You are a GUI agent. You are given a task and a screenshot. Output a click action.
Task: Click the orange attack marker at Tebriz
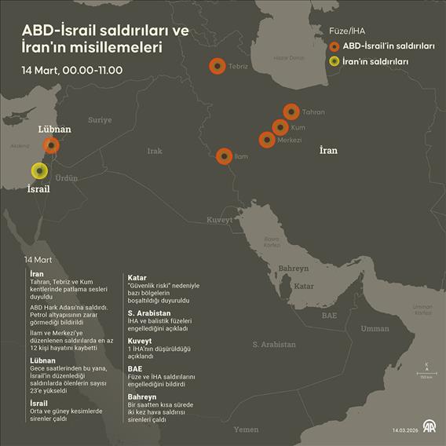(x=217, y=67)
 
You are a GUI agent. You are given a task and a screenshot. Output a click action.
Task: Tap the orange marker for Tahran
(x=291, y=111)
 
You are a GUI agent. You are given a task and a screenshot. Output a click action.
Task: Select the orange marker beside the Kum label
(x=280, y=126)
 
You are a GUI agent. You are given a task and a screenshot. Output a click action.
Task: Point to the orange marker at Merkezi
(x=267, y=140)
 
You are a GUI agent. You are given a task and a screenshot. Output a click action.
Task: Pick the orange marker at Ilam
(x=224, y=156)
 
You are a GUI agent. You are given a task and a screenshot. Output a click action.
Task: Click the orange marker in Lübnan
(x=51, y=145)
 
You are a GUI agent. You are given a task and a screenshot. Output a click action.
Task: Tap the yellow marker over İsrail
(x=38, y=170)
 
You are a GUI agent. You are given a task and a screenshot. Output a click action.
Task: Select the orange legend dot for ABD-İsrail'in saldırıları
(x=334, y=46)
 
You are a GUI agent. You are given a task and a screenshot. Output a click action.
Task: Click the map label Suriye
(x=100, y=120)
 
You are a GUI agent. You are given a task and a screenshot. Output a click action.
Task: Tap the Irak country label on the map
(x=155, y=151)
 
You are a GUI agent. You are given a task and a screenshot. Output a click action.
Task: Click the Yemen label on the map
(x=246, y=430)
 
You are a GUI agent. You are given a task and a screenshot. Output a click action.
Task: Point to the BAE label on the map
(x=330, y=316)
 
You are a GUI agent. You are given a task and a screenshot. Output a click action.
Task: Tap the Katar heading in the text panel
(x=137, y=277)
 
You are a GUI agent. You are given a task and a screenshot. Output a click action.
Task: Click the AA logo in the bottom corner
(x=430, y=427)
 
